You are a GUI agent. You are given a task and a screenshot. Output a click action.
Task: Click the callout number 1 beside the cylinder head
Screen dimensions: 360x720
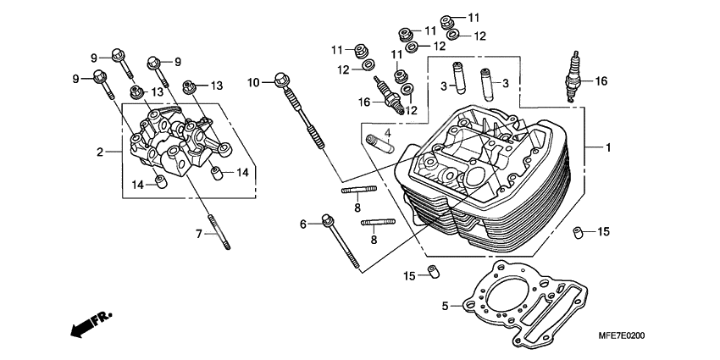pyautogui.click(x=607, y=147)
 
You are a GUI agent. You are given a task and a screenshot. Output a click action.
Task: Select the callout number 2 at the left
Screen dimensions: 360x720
pyautogui.click(x=99, y=152)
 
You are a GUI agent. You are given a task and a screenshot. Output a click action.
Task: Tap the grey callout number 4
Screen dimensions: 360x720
pyautogui.click(x=387, y=132)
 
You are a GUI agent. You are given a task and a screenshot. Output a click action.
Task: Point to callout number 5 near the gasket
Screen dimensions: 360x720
pyautogui.click(x=445, y=306)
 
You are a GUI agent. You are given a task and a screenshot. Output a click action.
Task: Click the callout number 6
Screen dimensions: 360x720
pyautogui.click(x=302, y=224)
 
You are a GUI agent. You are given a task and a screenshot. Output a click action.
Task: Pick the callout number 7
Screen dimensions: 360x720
pyautogui.click(x=201, y=233)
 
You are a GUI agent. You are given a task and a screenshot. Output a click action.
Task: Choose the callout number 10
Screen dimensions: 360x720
pyautogui.click(x=253, y=82)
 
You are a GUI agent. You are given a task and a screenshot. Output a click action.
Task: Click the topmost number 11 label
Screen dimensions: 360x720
pyautogui.click(x=473, y=17)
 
